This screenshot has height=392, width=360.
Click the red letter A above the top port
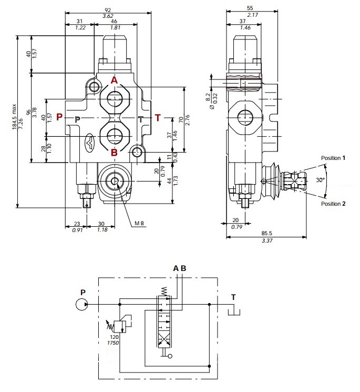click(114, 80)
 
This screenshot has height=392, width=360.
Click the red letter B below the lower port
click(114, 153)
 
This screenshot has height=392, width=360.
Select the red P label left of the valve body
click(59, 117)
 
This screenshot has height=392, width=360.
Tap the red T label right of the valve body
click(158, 117)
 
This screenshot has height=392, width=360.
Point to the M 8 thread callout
click(139, 223)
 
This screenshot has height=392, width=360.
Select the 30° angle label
click(320, 180)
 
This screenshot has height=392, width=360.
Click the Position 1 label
click(333, 158)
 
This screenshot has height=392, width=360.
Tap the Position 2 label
click(333, 204)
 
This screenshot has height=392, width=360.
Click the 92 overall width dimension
click(108, 9)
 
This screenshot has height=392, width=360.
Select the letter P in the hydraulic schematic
click(83, 291)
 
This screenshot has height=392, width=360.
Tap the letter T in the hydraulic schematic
click(233, 297)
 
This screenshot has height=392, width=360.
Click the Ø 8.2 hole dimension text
click(208, 96)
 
